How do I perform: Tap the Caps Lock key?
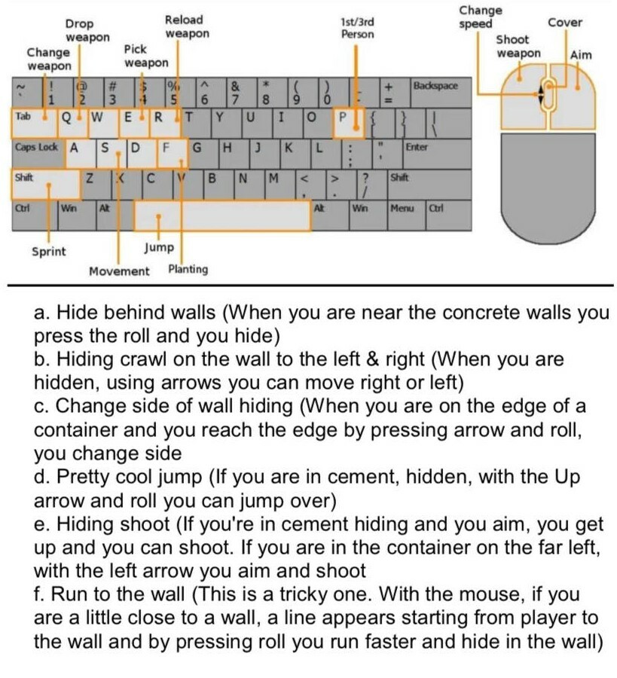(x=36, y=148)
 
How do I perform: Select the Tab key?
(x=27, y=118)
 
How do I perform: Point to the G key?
(x=197, y=148)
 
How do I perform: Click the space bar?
(x=223, y=217)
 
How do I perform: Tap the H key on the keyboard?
(x=227, y=148)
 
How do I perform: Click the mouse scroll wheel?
(x=548, y=94)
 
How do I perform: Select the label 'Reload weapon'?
(x=185, y=27)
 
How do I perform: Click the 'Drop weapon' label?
(x=86, y=30)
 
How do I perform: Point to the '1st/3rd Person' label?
(x=357, y=29)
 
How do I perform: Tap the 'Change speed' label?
(x=480, y=17)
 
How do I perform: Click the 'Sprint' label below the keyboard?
(x=48, y=252)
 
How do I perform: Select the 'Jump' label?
(x=158, y=247)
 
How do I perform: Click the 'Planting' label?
(x=188, y=269)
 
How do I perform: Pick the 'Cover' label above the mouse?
(x=564, y=22)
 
